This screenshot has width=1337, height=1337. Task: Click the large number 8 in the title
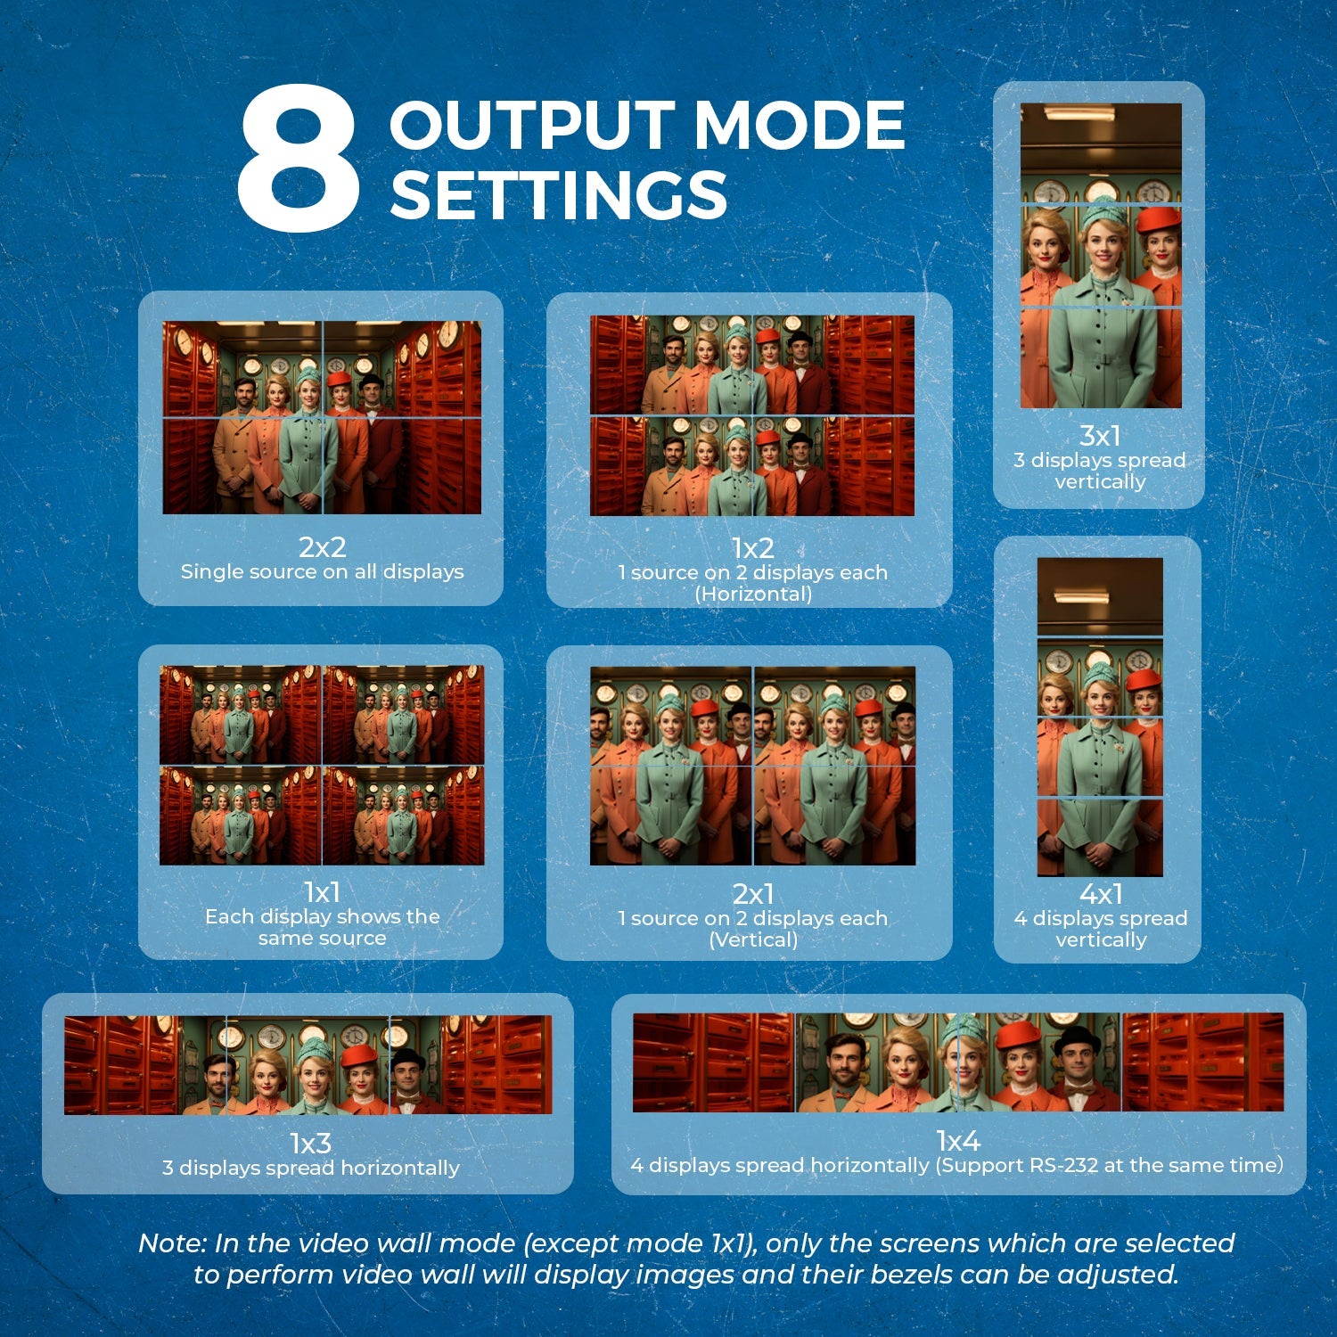(298, 159)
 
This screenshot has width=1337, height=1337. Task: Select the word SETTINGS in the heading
(559, 194)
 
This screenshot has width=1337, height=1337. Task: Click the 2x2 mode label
(322, 546)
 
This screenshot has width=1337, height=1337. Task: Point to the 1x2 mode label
(752, 547)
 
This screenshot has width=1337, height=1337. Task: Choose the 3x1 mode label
(1100, 436)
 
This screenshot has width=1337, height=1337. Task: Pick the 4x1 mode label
(1101, 894)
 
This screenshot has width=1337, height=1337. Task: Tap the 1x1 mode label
(322, 892)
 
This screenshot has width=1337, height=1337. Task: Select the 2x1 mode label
(753, 894)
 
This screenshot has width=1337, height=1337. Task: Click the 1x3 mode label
(311, 1143)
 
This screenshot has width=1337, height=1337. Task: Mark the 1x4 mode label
(958, 1140)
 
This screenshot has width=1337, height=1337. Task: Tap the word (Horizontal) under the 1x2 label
(753, 594)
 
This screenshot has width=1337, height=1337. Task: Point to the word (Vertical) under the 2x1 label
(753, 939)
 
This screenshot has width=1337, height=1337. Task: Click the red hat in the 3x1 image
(1159, 218)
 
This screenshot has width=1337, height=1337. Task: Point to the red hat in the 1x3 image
(359, 1056)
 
